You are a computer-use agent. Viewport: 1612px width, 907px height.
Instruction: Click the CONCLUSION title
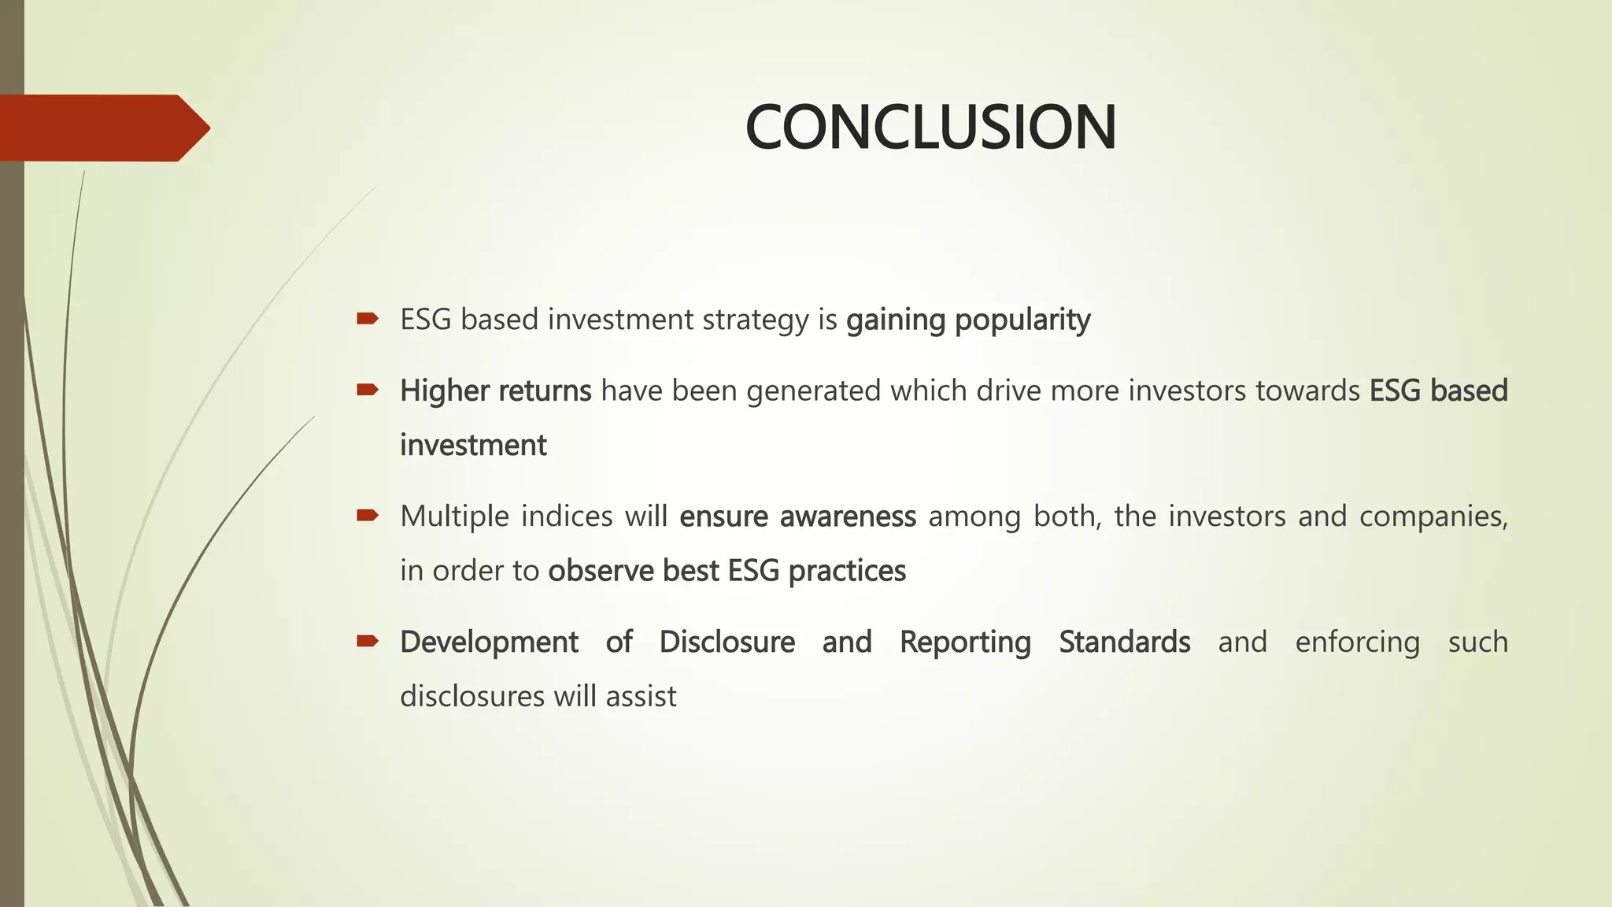930,128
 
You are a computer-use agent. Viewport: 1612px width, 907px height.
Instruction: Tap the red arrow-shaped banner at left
102,128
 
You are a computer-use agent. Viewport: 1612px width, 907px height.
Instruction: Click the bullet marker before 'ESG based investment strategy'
367,319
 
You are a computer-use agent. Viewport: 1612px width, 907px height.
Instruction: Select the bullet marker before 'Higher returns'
367,390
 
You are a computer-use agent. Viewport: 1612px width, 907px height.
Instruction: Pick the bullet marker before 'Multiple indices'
367,516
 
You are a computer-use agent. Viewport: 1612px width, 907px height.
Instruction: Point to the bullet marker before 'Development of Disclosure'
367,641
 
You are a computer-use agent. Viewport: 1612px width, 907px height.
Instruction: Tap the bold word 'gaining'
895,320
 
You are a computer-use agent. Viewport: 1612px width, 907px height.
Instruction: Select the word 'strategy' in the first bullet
756,320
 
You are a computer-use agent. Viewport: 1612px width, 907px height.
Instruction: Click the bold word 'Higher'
444,391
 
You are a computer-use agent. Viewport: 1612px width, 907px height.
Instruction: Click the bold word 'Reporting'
965,642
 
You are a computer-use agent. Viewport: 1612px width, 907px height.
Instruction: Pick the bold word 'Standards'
1124,642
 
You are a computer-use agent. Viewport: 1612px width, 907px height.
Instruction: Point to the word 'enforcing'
1357,642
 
